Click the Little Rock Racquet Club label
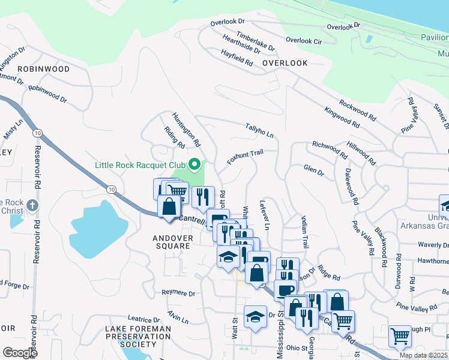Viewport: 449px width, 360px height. (x=140, y=164)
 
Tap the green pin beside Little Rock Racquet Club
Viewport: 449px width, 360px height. (x=194, y=164)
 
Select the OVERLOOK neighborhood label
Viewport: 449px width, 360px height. (x=285, y=63)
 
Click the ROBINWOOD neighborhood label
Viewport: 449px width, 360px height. (x=43, y=69)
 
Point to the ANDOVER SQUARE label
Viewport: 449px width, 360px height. (x=173, y=242)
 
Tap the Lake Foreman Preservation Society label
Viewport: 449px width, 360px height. (x=138, y=337)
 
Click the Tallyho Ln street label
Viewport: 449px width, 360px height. (x=259, y=130)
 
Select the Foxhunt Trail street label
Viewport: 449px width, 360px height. (x=245, y=158)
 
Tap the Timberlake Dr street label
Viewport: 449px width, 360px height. (x=255, y=41)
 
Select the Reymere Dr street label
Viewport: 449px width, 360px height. (x=178, y=293)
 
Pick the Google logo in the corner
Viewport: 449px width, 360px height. (x=20, y=353)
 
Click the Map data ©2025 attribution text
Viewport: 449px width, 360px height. (x=423, y=355)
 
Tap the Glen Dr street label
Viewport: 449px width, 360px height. (x=313, y=170)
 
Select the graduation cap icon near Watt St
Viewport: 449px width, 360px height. (x=255, y=316)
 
